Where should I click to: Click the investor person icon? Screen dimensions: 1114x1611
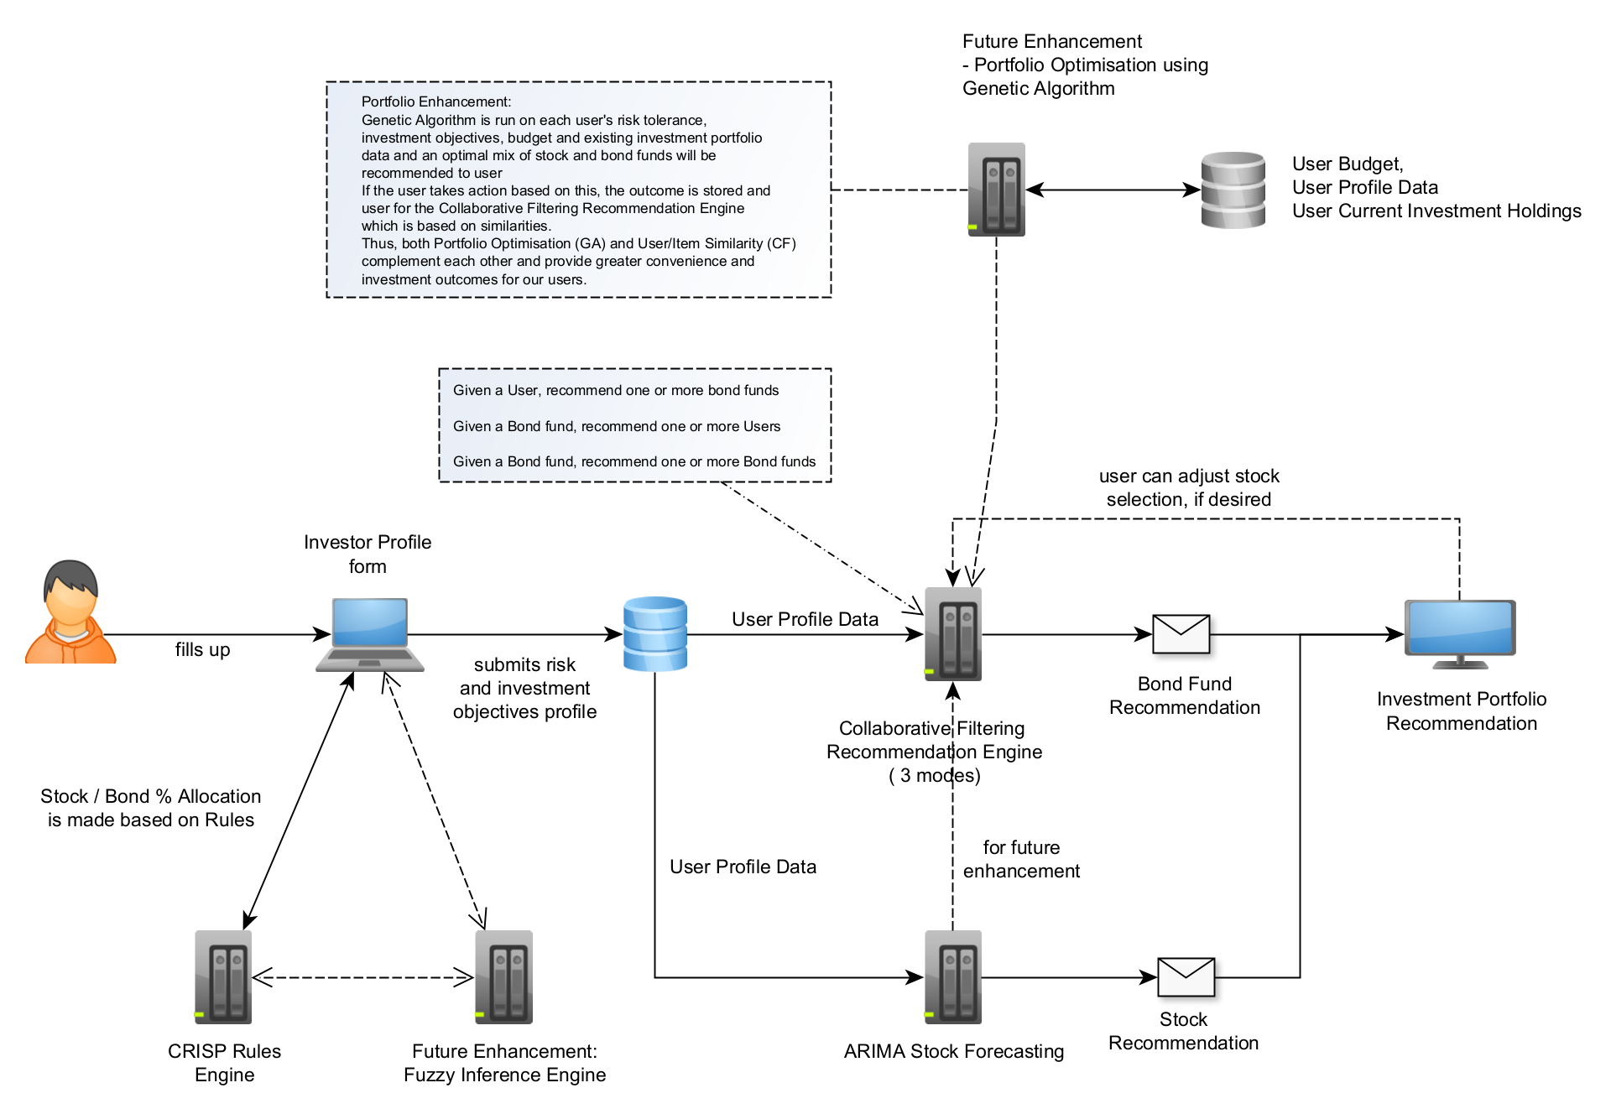70,612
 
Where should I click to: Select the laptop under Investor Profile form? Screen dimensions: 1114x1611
370,633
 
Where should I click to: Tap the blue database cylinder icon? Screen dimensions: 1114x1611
655,633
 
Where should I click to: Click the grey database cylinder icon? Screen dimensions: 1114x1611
1233,190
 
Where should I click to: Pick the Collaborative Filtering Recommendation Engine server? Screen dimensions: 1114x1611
953,633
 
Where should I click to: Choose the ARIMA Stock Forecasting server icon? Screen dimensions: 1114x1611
953,976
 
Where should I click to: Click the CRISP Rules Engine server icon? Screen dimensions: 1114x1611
223,976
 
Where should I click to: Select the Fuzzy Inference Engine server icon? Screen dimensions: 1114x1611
503,976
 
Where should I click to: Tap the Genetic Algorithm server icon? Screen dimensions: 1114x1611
996,190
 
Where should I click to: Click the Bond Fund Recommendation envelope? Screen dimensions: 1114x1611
1181,633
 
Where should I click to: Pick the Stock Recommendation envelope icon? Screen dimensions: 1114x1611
1186,976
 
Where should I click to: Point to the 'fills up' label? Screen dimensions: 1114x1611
202,650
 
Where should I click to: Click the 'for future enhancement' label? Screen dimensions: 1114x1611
1021,859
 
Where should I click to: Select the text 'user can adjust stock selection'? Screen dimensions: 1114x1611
1189,487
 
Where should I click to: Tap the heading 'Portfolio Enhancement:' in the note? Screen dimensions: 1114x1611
435,102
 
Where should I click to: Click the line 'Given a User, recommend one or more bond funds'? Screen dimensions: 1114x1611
616,390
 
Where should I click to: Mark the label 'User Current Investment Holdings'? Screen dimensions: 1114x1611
1436,211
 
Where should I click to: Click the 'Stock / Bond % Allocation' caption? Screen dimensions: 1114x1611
151,796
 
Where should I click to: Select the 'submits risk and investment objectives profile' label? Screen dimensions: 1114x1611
524,688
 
